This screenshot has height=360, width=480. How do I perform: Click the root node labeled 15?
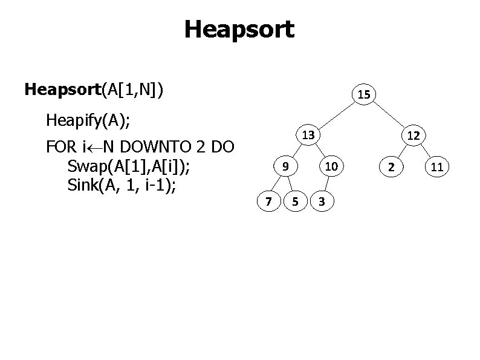click(x=364, y=94)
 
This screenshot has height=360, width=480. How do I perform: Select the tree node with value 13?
click(x=308, y=135)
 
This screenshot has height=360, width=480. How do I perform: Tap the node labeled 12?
click(x=413, y=136)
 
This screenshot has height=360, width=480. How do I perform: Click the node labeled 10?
click(x=331, y=166)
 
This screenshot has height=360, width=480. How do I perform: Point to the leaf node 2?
click(x=392, y=166)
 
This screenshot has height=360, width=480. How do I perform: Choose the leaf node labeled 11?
click(x=436, y=166)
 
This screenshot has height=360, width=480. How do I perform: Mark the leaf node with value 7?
click(x=268, y=200)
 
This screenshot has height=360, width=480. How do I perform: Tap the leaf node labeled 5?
click(x=294, y=200)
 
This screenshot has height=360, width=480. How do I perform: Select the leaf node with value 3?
click(x=323, y=200)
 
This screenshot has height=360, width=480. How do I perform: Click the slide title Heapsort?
click(x=239, y=28)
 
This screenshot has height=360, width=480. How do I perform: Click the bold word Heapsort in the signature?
click(x=62, y=90)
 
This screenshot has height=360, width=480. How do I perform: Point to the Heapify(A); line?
click(x=88, y=120)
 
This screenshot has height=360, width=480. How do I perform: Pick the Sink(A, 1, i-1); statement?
click(x=122, y=185)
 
